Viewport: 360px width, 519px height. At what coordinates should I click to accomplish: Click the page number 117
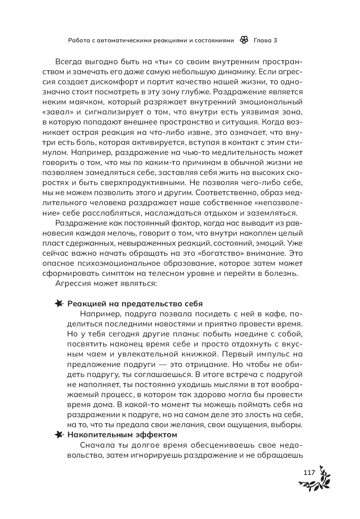(x=309, y=473)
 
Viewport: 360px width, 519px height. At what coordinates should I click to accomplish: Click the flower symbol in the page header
(x=244, y=40)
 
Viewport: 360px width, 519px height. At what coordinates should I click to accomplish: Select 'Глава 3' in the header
(x=265, y=40)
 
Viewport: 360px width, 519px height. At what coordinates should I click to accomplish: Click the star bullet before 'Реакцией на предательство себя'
(x=59, y=304)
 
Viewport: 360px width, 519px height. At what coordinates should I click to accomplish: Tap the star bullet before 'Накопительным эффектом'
(x=59, y=435)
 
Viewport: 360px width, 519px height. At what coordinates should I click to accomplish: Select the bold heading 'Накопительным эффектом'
(x=122, y=435)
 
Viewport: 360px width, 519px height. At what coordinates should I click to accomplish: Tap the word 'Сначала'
(x=96, y=445)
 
